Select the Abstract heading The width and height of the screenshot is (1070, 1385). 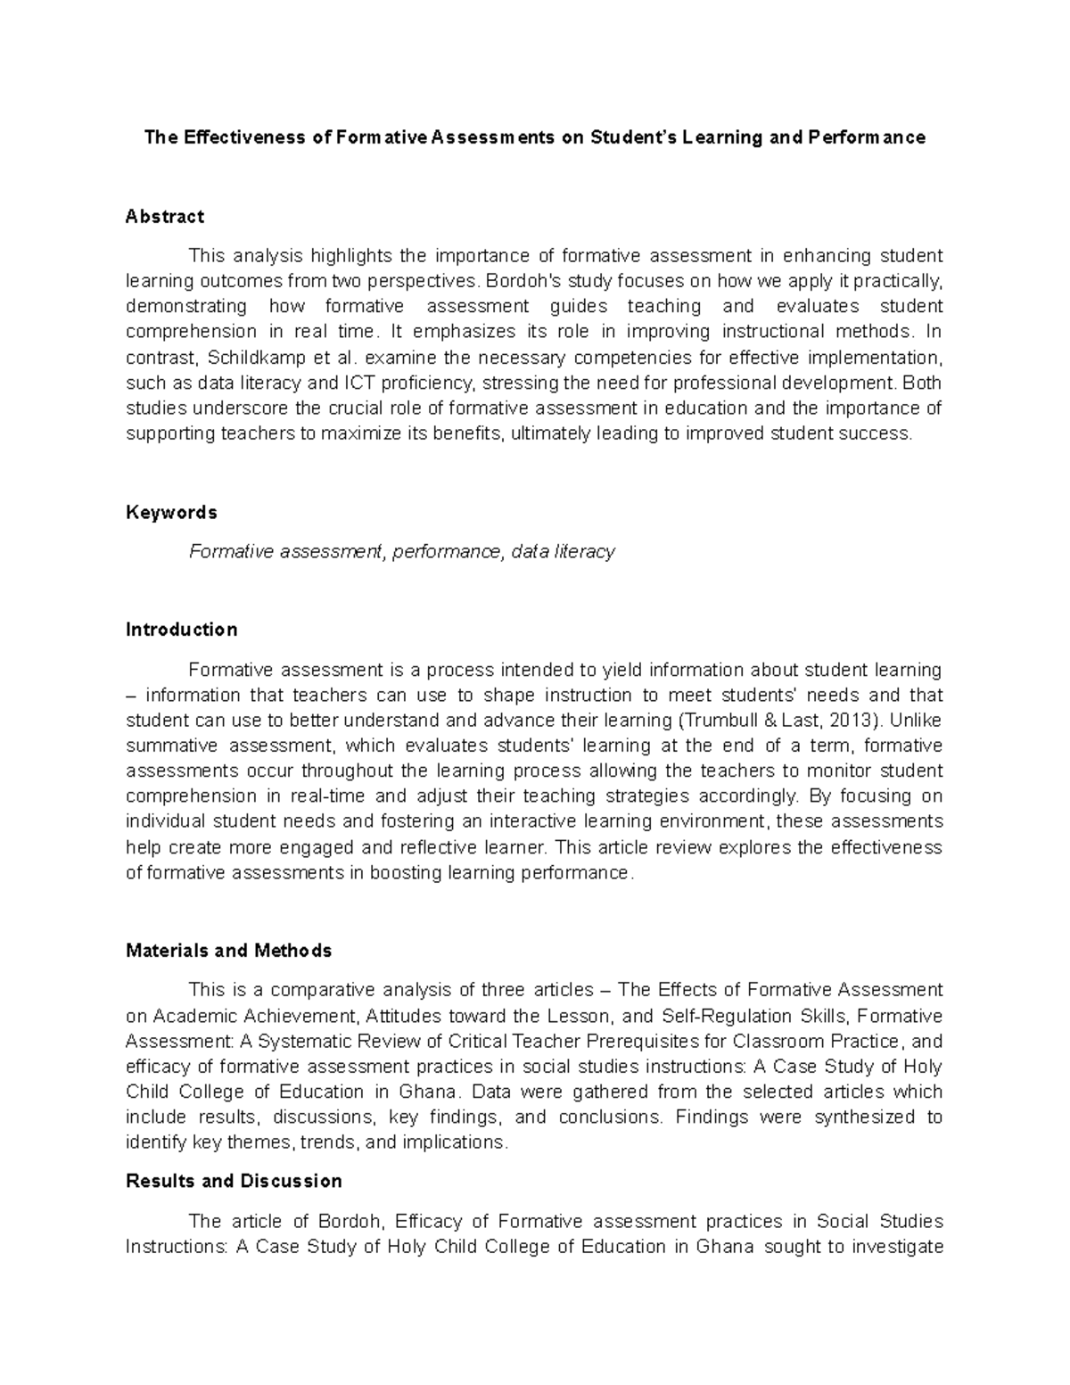[x=165, y=217]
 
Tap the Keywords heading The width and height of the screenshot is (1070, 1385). [x=171, y=513]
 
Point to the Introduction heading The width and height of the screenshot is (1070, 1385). [x=182, y=630]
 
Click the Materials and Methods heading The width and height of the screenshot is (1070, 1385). [x=229, y=951]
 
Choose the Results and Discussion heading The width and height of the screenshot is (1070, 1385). [x=235, y=1181]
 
